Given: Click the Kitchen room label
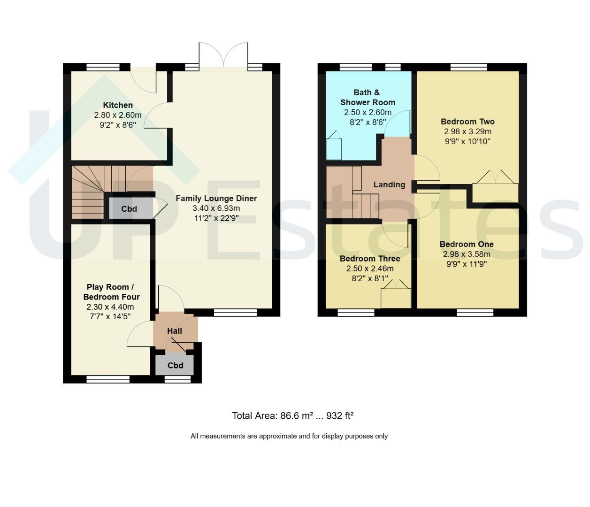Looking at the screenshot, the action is click(x=118, y=105).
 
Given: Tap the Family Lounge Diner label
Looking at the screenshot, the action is click(x=216, y=198).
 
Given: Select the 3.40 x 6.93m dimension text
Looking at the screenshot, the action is click(x=216, y=208).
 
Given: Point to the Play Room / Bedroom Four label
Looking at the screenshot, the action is click(x=111, y=292).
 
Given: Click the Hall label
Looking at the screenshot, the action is click(x=175, y=331).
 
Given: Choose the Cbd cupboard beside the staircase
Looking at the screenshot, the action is click(x=129, y=209).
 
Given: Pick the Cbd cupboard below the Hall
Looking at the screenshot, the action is click(x=175, y=365).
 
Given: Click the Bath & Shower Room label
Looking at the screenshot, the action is click(x=368, y=97).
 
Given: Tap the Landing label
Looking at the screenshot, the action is click(x=389, y=184).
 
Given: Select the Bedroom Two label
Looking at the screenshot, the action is click(x=467, y=121).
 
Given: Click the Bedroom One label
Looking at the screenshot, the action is click(x=467, y=244).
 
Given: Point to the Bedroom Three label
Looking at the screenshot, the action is click(x=370, y=258).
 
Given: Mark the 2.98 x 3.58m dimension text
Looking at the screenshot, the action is click(x=467, y=254).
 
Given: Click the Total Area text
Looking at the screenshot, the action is click(x=292, y=415).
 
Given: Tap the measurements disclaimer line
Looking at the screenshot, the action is click(x=289, y=436).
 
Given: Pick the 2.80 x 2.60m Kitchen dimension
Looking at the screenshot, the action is click(x=118, y=115).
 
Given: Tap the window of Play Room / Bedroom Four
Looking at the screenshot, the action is click(x=108, y=379).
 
